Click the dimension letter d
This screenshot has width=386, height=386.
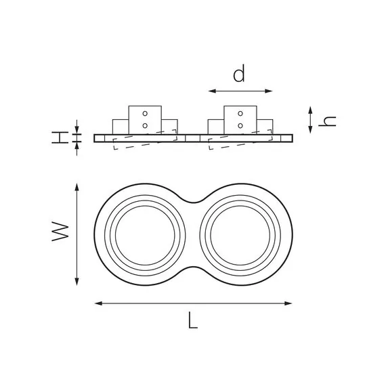click(x=238, y=74)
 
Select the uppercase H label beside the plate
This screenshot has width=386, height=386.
click(x=61, y=137)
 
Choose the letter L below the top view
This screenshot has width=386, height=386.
click(x=192, y=322)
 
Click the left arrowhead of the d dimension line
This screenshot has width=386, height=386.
click(x=209, y=90)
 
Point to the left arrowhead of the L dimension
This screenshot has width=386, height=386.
click(x=96, y=303)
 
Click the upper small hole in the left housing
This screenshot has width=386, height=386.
click(x=145, y=113)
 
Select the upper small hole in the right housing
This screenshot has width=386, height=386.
click(x=240, y=113)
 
